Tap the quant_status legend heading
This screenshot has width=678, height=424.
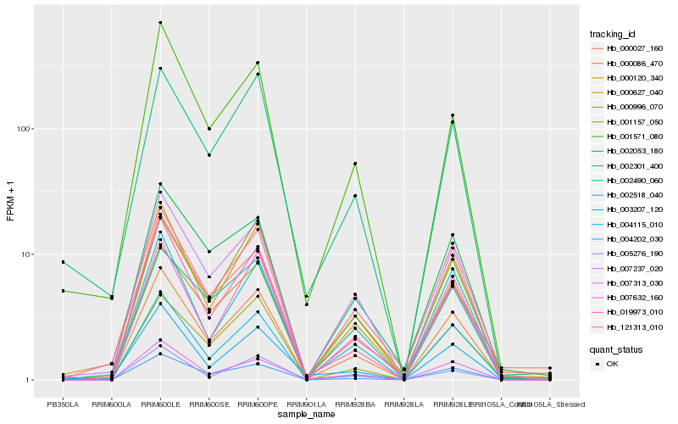tap(616, 349)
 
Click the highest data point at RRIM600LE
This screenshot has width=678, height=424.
tap(160, 22)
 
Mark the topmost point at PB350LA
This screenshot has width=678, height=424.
tap(63, 262)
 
